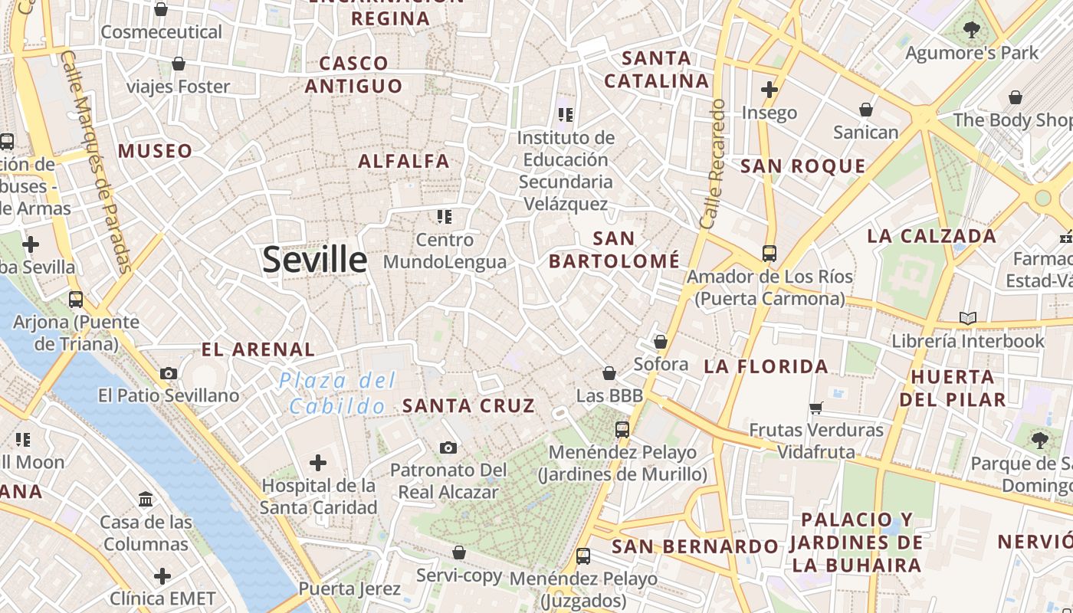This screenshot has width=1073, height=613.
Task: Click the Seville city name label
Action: pyautogui.click(x=314, y=260)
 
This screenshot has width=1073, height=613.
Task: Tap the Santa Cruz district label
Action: pyautogui.click(x=468, y=406)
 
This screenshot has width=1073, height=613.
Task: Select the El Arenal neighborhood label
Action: pyautogui.click(x=258, y=350)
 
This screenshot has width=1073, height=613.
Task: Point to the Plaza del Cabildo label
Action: pyautogui.click(x=337, y=393)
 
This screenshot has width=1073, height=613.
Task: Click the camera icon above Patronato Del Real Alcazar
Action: pyautogui.click(x=448, y=447)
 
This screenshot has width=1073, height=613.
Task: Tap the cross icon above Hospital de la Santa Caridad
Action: pyautogui.click(x=318, y=463)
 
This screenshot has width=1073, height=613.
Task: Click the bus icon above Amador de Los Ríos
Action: pyautogui.click(x=769, y=254)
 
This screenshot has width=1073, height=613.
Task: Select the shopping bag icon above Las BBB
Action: pyautogui.click(x=609, y=373)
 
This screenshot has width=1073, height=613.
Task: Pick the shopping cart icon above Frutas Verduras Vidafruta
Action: pyautogui.click(x=815, y=408)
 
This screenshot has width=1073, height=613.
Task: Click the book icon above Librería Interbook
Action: pyautogui.click(x=968, y=318)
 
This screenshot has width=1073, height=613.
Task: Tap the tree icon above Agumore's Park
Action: pyautogui.click(x=971, y=31)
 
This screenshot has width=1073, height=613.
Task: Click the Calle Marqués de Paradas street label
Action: pyautogui.click(x=96, y=161)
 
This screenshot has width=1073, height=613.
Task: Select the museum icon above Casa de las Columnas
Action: pyautogui.click(x=146, y=500)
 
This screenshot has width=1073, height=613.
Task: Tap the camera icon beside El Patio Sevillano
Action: pyautogui.click(x=169, y=374)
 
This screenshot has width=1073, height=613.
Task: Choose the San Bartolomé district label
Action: pyautogui.click(x=614, y=250)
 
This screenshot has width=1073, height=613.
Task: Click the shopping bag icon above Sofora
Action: pyautogui.click(x=661, y=342)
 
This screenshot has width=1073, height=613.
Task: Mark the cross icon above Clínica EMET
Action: pyautogui.click(x=162, y=575)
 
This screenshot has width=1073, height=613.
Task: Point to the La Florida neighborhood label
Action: pyautogui.click(x=766, y=367)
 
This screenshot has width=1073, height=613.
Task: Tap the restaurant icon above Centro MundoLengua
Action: pyautogui.click(x=445, y=217)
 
